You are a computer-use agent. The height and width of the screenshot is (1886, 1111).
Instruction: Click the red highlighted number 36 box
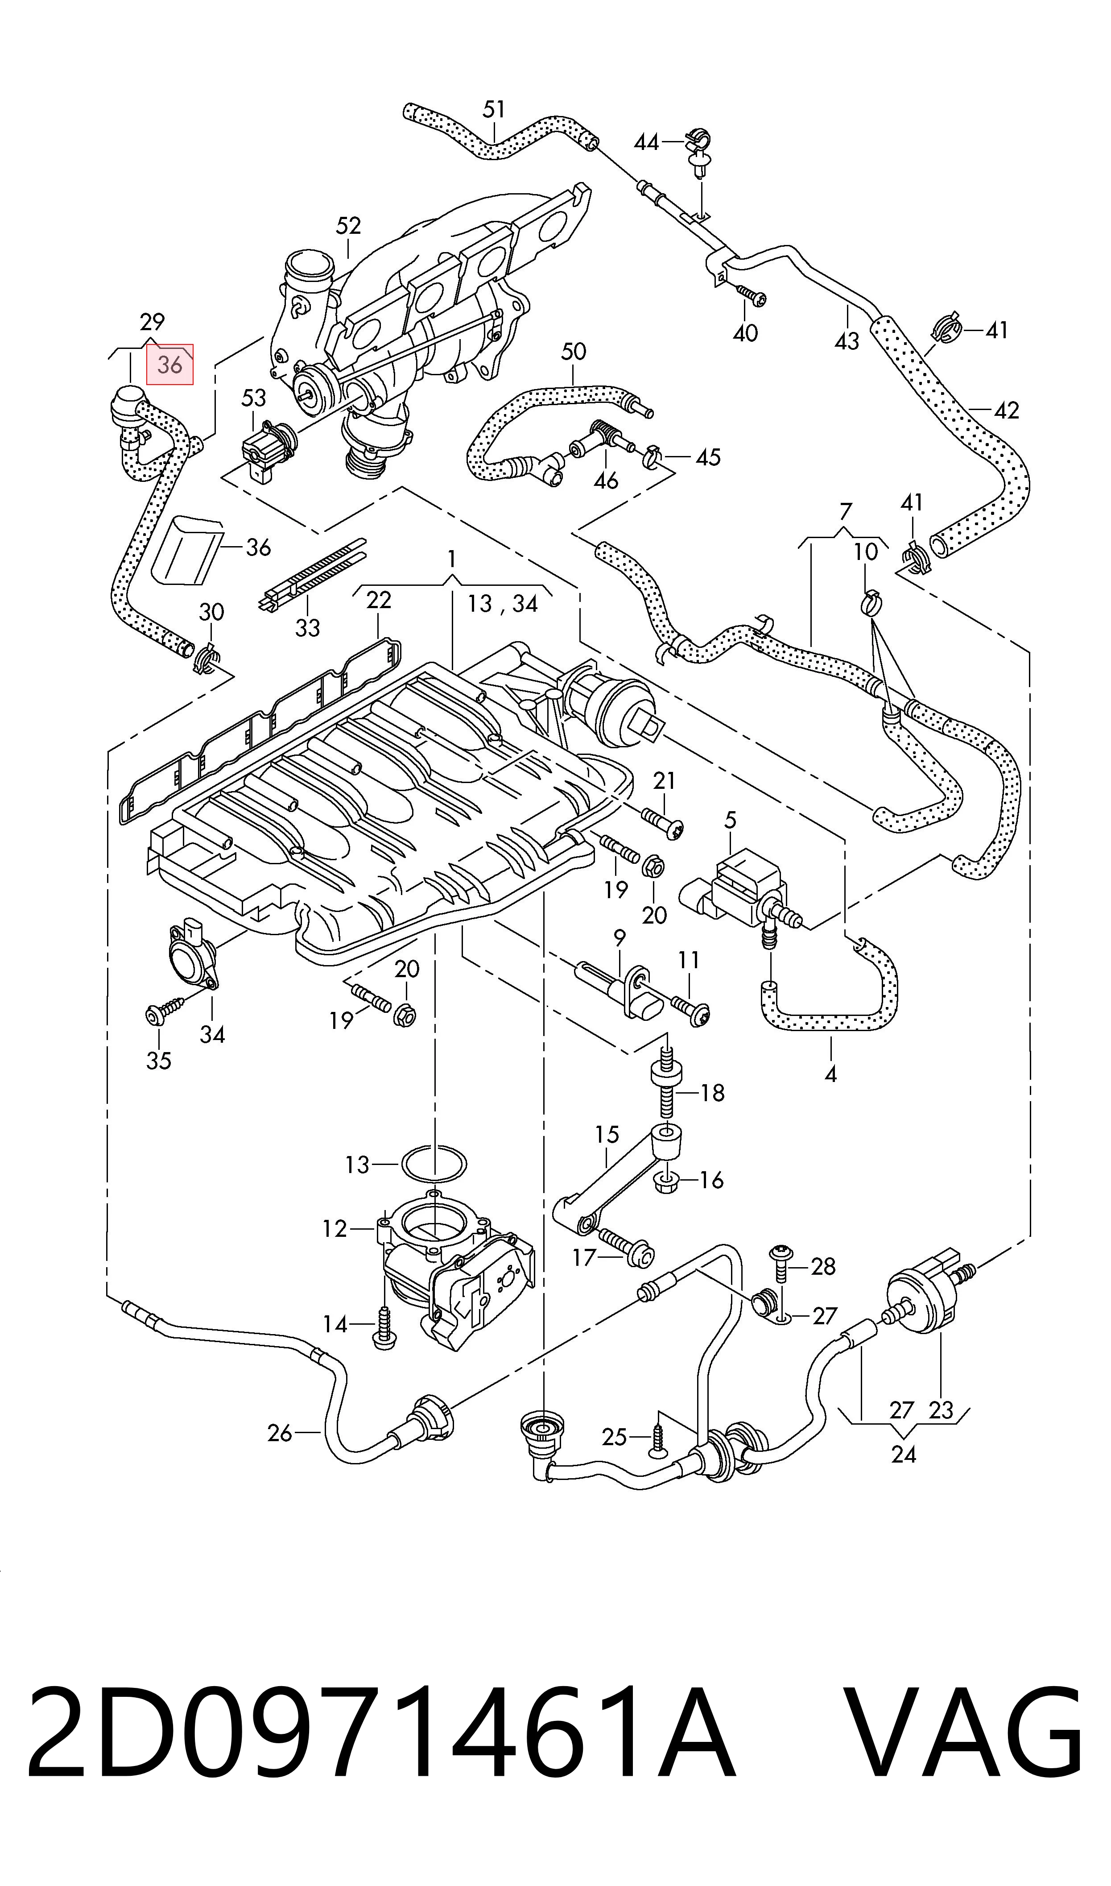(x=170, y=365)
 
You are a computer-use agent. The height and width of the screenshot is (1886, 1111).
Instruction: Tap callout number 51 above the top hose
(x=494, y=110)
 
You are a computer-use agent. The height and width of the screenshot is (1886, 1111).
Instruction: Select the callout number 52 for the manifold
(x=349, y=225)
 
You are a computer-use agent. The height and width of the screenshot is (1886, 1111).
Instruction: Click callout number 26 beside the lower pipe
(x=280, y=1433)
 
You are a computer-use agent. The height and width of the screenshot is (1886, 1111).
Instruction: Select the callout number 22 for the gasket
(x=379, y=600)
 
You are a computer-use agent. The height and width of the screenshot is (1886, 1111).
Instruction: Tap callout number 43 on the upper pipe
(x=847, y=341)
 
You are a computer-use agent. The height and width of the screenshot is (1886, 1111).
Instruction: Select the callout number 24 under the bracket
(x=904, y=1454)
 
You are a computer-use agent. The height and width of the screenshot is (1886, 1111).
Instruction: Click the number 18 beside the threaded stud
(x=712, y=1093)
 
